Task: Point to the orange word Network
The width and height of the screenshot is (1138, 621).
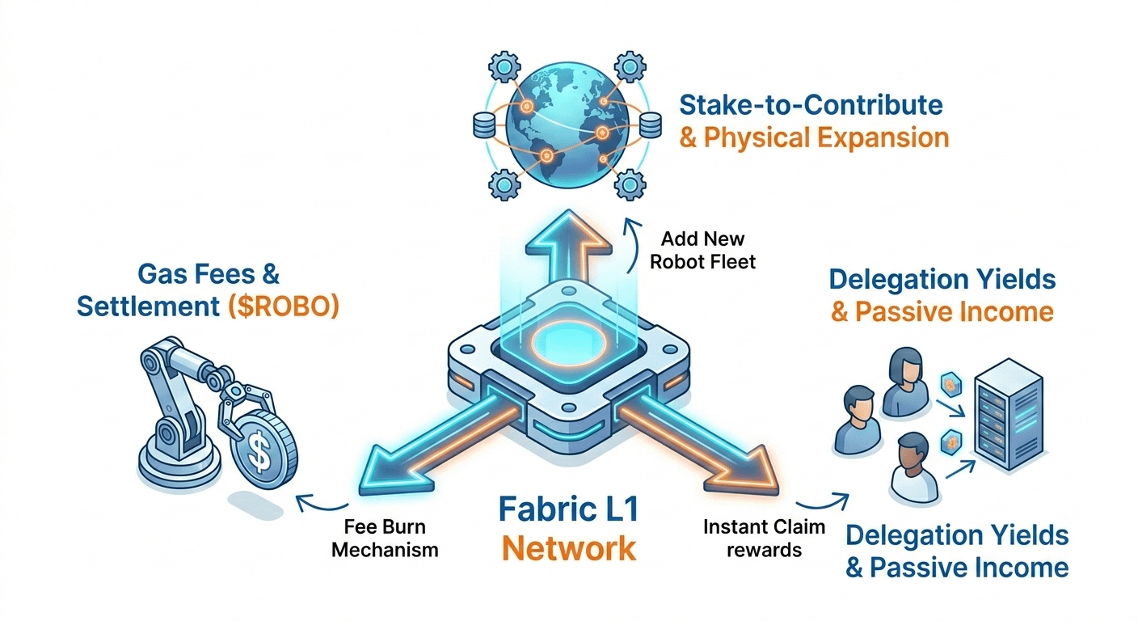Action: [x=568, y=547]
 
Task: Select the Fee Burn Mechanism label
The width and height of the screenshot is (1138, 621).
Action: [x=385, y=539]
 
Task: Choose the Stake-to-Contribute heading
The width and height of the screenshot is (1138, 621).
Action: [x=811, y=105]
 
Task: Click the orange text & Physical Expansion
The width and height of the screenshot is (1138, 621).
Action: [x=814, y=137]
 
